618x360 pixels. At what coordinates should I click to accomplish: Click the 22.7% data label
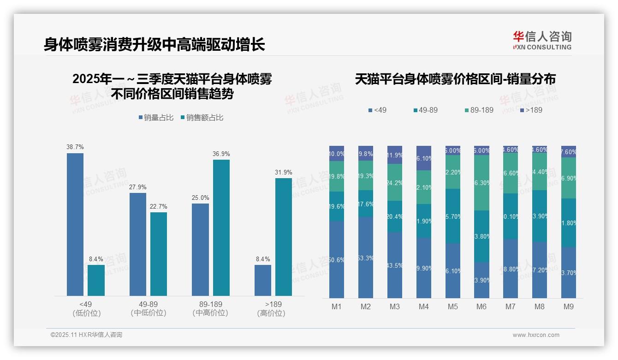tap(158, 206)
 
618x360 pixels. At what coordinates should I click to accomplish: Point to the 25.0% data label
tap(200, 198)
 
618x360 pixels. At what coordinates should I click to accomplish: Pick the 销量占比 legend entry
tap(156, 118)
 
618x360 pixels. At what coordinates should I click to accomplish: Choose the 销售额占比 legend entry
tap(202, 118)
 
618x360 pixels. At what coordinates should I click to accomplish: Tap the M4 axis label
tap(424, 306)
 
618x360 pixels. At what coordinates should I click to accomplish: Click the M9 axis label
tap(569, 306)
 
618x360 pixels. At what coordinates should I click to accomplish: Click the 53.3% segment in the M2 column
tap(366, 257)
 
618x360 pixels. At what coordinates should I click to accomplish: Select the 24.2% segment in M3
tap(395, 182)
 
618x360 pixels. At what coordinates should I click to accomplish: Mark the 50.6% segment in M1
tap(337, 259)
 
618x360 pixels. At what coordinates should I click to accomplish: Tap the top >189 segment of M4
tap(424, 158)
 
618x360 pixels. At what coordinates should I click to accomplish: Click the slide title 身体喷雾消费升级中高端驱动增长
tap(154, 45)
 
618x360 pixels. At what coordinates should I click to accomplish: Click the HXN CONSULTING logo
tap(542, 41)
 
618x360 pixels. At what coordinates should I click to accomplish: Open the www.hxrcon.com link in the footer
tap(536, 335)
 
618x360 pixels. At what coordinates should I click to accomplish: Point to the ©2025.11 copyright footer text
tap(86, 335)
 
